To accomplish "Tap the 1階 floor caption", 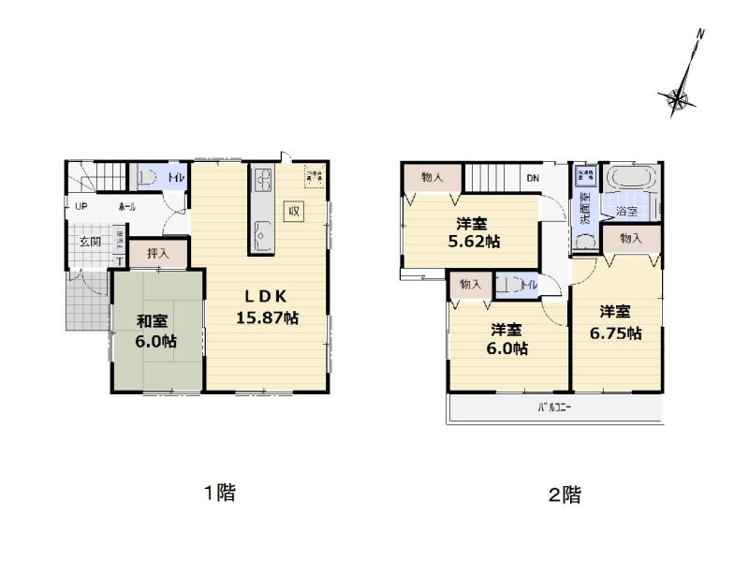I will click(x=220, y=494).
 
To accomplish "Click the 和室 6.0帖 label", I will click(x=155, y=330).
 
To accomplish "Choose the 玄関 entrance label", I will click(x=91, y=242).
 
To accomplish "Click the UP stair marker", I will click(x=81, y=206).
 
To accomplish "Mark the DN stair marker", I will click(x=532, y=178).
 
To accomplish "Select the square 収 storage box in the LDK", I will click(x=293, y=210).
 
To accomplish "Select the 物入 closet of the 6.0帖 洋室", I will click(x=470, y=285).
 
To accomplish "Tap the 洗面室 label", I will click(x=584, y=209).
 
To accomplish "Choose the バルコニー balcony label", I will click(x=554, y=407).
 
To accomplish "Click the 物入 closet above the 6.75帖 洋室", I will click(x=631, y=239).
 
